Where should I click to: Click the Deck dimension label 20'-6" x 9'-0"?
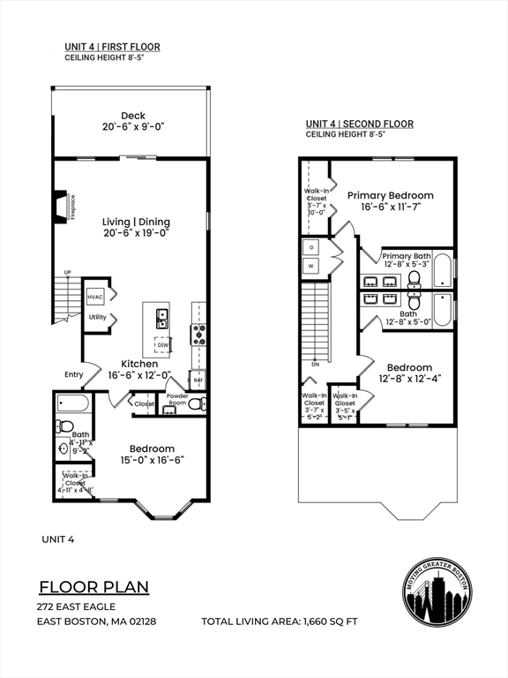(x=134, y=127)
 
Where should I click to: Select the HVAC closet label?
(x=96, y=298)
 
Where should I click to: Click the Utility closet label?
(x=96, y=317)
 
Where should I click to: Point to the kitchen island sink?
(x=162, y=316)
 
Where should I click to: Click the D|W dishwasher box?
(x=163, y=346)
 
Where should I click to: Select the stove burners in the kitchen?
(x=198, y=334)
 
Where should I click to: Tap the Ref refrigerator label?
(x=198, y=381)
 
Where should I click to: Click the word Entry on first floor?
(x=73, y=374)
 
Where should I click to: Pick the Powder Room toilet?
(x=198, y=404)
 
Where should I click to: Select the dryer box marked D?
(x=310, y=247)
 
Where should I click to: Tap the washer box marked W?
(x=310, y=266)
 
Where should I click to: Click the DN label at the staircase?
(x=316, y=364)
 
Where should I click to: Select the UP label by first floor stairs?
(x=67, y=271)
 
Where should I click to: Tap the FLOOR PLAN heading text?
(x=93, y=587)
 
